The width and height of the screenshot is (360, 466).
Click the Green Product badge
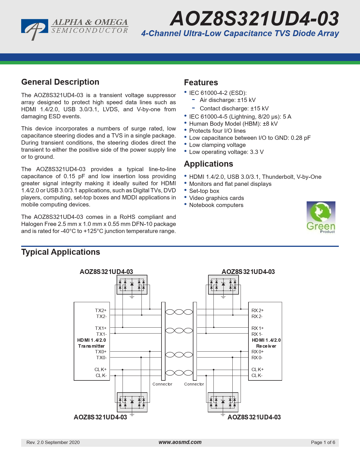click(x=321, y=217)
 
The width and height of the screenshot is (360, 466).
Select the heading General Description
click(x=60, y=82)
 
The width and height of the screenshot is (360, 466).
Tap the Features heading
click(x=201, y=82)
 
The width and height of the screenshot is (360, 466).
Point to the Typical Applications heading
click(x=60, y=252)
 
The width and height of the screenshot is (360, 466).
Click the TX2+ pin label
click(x=101, y=310)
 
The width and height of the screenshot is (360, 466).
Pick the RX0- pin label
click(x=257, y=358)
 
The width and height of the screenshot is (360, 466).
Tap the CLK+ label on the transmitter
click(x=101, y=369)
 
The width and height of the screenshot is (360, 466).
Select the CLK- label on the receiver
click(x=257, y=375)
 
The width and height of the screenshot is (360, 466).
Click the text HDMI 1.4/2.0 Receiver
click(x=266, y=343)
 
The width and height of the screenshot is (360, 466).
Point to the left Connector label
click(x=162, y=384)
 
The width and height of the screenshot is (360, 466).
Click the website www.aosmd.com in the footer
click(x=180, y=442)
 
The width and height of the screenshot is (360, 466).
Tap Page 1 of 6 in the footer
click(x=323, y=442)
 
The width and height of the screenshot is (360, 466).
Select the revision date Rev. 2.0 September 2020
click(x=53, y=442)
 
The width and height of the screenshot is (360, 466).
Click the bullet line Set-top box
click(x=204, y=191)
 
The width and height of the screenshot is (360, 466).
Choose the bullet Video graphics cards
click(x=217, y=198)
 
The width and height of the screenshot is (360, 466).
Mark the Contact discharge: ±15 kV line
click(x=234, y=108)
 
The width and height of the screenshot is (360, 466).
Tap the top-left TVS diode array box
click(x=132, y=285)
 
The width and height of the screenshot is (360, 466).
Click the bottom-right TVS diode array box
click(x=223, y=402)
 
